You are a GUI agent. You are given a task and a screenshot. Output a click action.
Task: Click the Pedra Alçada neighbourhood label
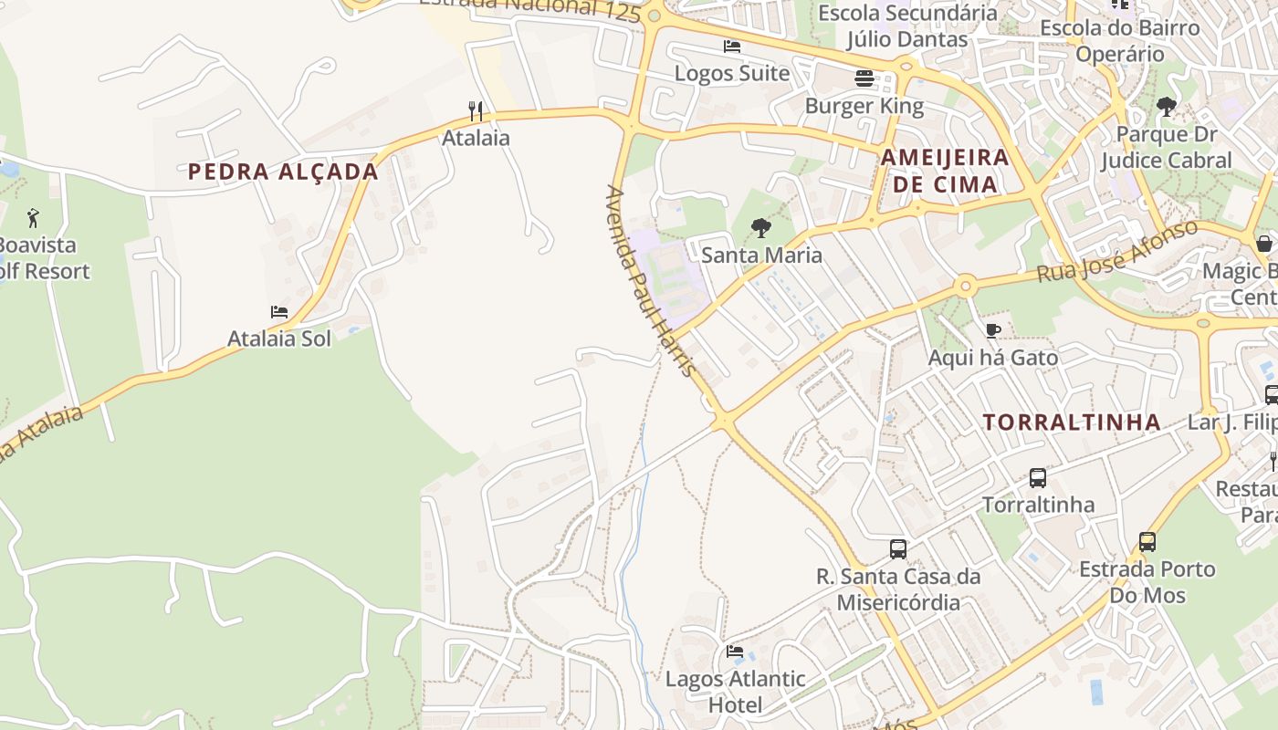click(x=283, y=172)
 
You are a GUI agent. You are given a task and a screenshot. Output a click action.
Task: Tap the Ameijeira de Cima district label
click(x=945, y=171)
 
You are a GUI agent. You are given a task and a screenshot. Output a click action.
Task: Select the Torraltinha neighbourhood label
click(x=1072, y=422)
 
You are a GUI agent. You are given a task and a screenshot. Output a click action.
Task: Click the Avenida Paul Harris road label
click(x=651, y=281)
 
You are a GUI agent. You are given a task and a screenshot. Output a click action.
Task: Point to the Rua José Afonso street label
click(x=1116, y=252)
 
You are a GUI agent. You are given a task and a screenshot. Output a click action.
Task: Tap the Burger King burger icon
click(x=864, y=78)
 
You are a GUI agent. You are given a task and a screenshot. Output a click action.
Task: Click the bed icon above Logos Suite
click(x=732, y=46)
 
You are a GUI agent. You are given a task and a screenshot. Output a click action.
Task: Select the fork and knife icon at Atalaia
click(x=476, y=111)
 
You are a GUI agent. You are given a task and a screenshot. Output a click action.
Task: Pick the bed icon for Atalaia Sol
click(x=279, y=312)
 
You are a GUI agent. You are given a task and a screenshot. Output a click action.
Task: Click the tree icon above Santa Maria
click(x=761, y=228)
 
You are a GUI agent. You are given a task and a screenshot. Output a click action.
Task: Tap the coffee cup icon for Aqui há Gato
click(x=993, y=330)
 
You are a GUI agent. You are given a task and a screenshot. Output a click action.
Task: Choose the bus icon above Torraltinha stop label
click(x=1038, y=477)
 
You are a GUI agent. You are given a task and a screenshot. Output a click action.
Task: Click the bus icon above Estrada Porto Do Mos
click(x=1147, y=542)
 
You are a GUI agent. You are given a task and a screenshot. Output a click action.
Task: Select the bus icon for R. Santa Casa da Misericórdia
click(x=898, y=549)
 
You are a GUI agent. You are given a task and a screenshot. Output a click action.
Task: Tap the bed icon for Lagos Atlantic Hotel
click(x=735, y=652)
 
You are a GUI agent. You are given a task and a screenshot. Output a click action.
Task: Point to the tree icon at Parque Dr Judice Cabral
click(x=1166, y=107)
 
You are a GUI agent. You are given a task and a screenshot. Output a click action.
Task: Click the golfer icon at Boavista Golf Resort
click(x=33, y=218)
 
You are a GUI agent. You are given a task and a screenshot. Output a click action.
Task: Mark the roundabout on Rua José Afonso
click(x=965, y=287)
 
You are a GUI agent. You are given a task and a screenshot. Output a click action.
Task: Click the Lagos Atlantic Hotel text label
click(x=735, y=692)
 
